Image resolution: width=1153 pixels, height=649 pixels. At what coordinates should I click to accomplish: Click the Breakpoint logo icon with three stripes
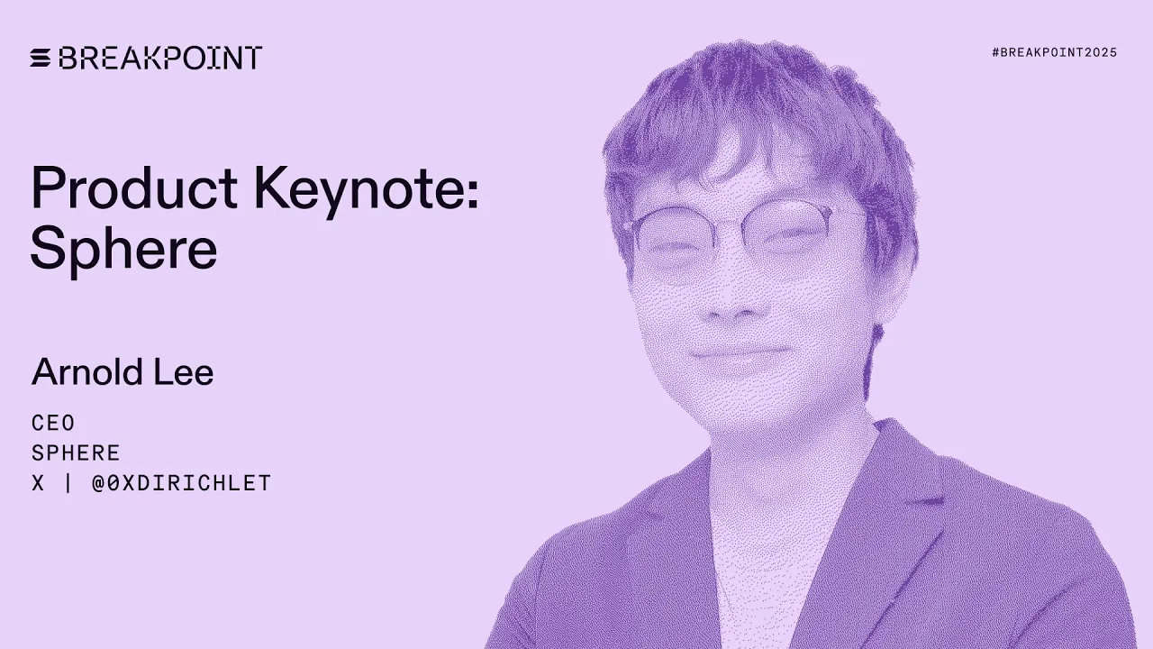[x=41, y=59]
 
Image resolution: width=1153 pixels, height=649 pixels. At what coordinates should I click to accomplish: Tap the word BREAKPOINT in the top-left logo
[x=160, y=59]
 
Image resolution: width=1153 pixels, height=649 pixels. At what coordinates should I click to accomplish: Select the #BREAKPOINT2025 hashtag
[x=1054, y=53]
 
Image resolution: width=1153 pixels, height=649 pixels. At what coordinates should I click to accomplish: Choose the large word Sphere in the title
[x=123, y=250]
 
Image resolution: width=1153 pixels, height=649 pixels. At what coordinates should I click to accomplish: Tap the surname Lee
[x=187, y=372]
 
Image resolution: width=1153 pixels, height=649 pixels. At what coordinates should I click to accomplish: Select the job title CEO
[x=53, y=424]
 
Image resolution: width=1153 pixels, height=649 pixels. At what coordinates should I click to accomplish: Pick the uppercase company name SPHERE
[x=76, y=453]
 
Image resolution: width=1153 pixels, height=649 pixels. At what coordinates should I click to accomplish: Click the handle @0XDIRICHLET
[x=181, y=483]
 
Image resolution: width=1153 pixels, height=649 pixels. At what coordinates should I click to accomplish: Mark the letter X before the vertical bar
[x=38, y=483]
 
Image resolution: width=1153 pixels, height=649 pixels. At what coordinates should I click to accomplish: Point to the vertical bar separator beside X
[x=68, y=483]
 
